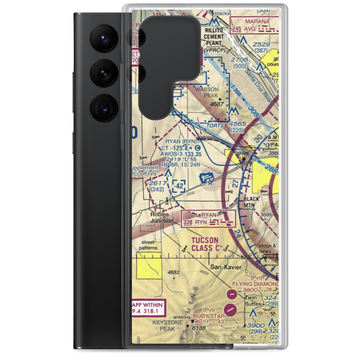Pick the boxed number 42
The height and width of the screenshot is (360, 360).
coord(179,186)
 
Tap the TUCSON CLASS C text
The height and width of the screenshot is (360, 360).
coord(205,244)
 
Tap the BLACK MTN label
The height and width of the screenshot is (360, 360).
coord(251,202)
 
